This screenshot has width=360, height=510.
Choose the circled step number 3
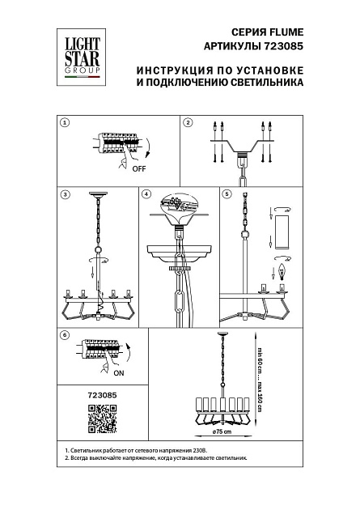click(65, 194)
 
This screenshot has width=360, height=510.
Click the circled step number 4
click(146, 194)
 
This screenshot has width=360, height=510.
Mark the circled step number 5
click(227, 194)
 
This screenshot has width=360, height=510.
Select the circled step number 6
click(65, 334)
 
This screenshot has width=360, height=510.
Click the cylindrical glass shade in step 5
click(282, 233)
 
